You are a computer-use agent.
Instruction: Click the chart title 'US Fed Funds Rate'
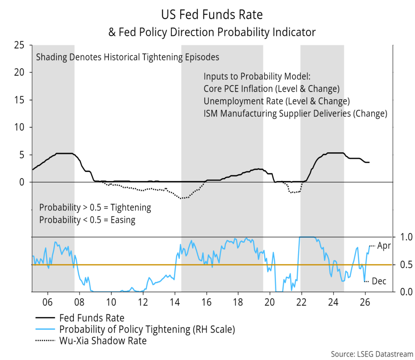(x=212, y=15)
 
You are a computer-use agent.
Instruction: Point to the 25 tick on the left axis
(x=19, y=45)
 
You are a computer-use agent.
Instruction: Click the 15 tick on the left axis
(x=19, y=100)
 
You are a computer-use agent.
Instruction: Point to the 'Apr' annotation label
(x=384, y=246)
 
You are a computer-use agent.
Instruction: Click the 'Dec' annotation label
(x=379, y=281)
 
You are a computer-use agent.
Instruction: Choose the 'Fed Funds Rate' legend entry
(x=92, y=318)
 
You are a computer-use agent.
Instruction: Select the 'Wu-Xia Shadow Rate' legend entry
(x=103, y=341)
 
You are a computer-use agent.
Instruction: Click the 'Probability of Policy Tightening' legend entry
(x=147, y=329)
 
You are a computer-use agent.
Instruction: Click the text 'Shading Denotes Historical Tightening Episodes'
(x=128, y=57)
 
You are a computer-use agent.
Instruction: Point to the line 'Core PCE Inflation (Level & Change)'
(x=271, y=89)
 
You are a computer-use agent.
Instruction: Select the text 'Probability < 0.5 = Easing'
(x=87, y=220)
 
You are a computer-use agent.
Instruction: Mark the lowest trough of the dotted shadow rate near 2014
(x=183, y=198)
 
